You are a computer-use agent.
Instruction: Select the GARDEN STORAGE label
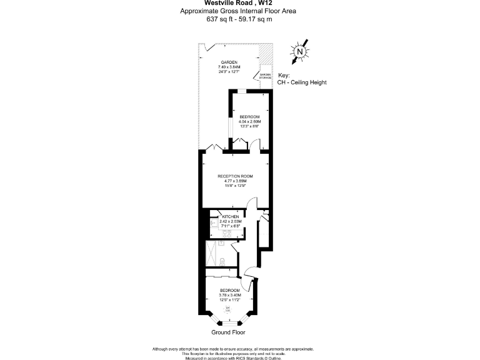pos(266,77)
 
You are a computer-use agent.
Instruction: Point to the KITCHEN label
pos(231,216)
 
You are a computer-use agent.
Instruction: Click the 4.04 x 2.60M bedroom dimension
pos(249,121)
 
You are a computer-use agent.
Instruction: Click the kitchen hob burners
pos(226,234)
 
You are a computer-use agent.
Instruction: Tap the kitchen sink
pos(212,222)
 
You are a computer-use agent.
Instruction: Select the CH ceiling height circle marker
pos(228,309)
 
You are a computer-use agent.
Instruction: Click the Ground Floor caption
pos(228,333)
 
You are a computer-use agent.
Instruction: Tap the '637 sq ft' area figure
pos(219,19)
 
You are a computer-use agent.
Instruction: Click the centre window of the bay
pos(229,323)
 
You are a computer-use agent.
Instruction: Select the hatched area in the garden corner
pos(267,52)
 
